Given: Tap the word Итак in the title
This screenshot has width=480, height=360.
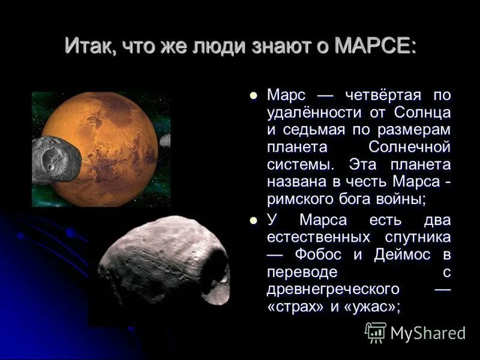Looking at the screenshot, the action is pyautogui.click(x=88, y=46).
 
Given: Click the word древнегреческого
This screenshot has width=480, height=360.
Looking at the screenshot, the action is pyautogui.click(x=334, y=289).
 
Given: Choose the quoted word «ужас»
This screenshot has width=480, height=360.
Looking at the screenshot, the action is pyautogui.click(x=370, y=306).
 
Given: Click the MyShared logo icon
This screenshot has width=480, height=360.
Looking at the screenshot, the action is pyautogui.click(x=376, y=332).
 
